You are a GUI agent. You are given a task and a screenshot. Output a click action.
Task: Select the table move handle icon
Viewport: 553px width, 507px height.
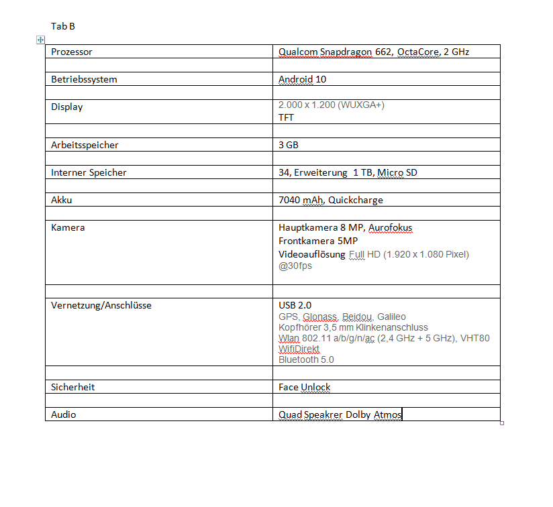point(41,40)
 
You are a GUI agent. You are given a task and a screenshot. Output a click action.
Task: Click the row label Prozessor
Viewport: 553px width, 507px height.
point(72,52)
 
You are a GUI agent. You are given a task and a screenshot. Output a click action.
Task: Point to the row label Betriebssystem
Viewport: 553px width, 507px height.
point(84,79)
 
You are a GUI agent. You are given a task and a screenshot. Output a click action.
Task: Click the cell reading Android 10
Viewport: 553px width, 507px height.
point(302,79)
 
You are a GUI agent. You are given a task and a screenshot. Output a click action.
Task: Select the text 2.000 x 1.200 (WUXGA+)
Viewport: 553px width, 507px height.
point(331,105)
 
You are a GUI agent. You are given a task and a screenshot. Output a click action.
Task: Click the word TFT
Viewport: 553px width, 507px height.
point(286,117)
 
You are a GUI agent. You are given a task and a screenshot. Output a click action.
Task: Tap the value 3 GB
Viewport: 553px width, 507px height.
point(289,145)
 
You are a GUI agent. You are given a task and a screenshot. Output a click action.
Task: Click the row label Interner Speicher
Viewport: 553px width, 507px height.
point(89,172)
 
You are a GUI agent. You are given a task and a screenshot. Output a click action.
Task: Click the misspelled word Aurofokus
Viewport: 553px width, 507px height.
point(391,227)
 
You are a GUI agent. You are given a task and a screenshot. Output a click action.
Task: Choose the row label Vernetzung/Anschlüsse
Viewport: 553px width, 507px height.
point(101,305)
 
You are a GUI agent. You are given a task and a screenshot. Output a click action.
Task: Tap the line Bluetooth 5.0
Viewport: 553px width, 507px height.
point(306,359)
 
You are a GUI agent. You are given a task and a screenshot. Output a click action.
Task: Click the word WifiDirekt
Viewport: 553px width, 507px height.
point(299,349)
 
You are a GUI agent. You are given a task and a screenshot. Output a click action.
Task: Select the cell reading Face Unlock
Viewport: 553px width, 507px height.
point(305,387)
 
